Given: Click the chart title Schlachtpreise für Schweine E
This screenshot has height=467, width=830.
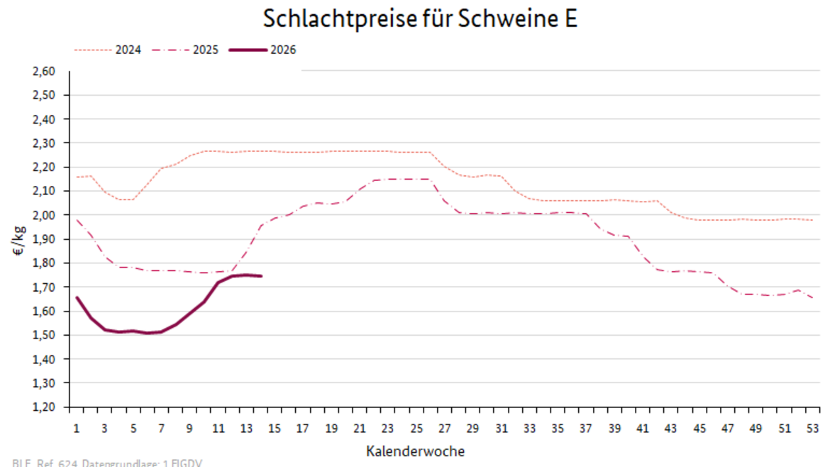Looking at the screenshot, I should click(420, 19).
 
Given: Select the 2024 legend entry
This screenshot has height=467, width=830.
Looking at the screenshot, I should click(128, 50).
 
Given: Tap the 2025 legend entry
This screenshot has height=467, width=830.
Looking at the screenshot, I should click(205, 50).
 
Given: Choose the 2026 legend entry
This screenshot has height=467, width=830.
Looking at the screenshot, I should click(282, 50).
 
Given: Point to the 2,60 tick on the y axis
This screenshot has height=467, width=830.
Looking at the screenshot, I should click(44, 71).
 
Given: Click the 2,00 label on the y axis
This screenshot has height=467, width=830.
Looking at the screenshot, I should click(44, 215).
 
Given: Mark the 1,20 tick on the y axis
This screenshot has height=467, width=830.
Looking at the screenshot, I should click(44, 407).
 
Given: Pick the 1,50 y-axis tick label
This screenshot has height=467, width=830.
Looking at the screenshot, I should click(44, 335).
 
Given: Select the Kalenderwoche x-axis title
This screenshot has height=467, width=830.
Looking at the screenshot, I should click(416, 451).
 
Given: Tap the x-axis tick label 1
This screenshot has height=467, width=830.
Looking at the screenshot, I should click(76, 429).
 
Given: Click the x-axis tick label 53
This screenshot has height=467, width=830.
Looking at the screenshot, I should click(813, 429).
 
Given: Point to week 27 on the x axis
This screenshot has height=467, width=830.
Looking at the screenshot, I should click(445, 429).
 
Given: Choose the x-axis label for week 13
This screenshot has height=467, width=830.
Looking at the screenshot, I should click(246, 429).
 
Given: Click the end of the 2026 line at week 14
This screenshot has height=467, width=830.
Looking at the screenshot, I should click(261, 276).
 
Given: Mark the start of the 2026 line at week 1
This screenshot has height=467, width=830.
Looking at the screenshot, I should click(77, 297).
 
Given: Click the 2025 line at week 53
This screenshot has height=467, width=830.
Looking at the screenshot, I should click(813, 298).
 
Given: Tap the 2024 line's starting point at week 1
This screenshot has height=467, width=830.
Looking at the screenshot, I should click(77, 177).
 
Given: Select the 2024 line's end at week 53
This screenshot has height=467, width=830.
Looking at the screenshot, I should click(813, 220).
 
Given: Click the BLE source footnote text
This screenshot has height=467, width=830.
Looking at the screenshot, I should click(107, 463).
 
